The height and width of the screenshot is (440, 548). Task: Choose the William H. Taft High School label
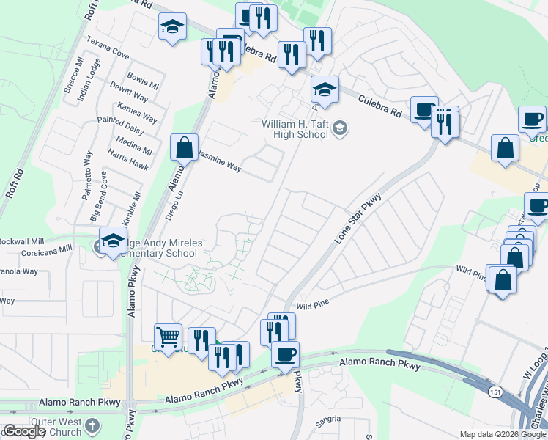pos(295,129)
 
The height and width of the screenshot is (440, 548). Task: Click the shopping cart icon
pos(169,337)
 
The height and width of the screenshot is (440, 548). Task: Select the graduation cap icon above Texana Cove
pos(171,27)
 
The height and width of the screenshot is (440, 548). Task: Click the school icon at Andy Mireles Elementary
pos(113,241)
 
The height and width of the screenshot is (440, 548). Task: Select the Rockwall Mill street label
pos(21,241)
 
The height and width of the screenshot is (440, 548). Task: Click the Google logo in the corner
pos(25,432)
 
